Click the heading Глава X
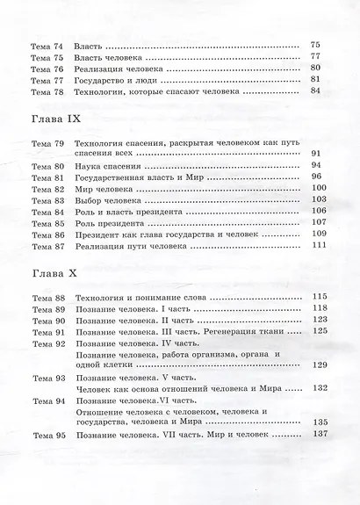[x=48, y=274]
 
